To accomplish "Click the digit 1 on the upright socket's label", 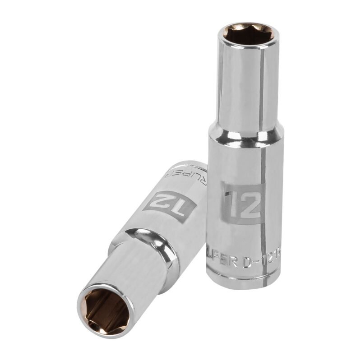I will click(231, 201).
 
